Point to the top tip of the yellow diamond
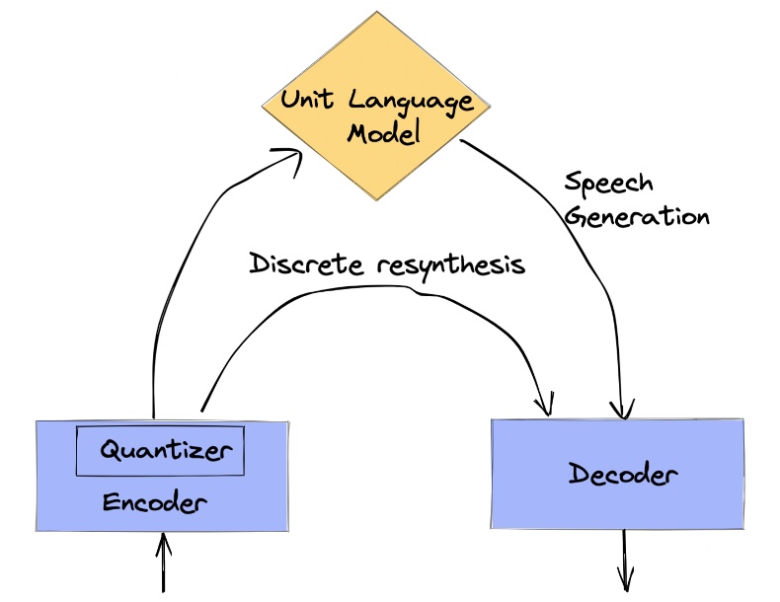pos(377,13)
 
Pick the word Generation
pos(637,215)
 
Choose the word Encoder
pos(155,503)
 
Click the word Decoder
pos(623,475)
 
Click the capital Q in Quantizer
pos(112,452)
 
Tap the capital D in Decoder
pos(580,475)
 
